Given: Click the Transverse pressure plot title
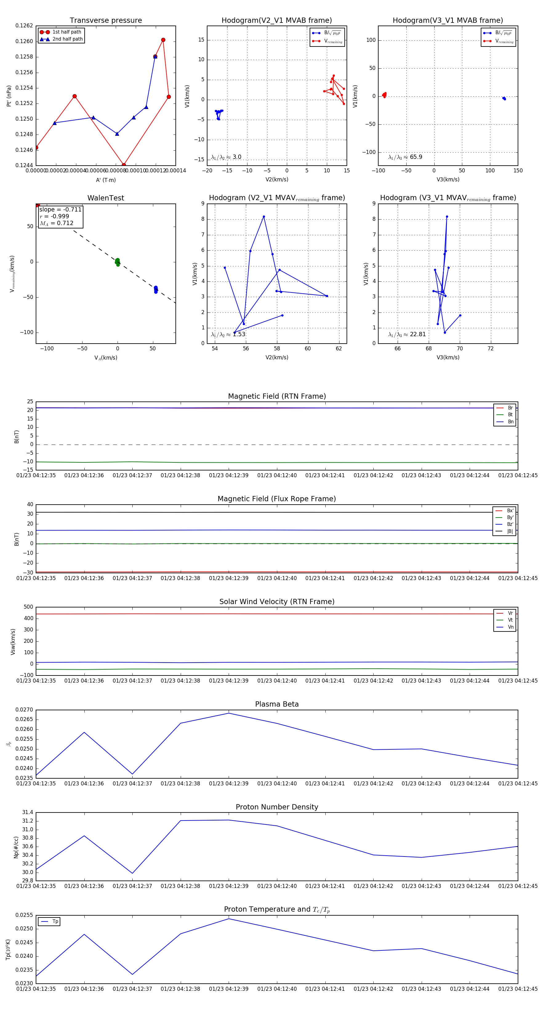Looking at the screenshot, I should coord(106,21).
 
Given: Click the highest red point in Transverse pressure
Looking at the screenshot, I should coord(163,40).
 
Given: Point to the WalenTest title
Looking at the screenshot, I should coord(106,198).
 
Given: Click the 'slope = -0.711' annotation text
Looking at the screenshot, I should coord(60,209).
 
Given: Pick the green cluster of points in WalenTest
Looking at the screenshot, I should coord(118,262).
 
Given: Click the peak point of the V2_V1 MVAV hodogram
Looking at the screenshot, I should coord(264,216).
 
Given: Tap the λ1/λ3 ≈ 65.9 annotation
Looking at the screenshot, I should coord(405,157).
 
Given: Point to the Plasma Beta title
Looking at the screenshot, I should coord(277,704).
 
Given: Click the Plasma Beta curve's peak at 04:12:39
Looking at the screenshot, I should coord(229,713).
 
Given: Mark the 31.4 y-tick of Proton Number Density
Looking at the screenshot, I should coord(28,812).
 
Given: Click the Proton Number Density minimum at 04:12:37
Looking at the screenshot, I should coord(132,873).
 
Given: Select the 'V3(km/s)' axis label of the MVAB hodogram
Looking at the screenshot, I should coord(448,179).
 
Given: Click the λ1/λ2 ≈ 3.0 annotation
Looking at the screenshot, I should coord(226,157).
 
